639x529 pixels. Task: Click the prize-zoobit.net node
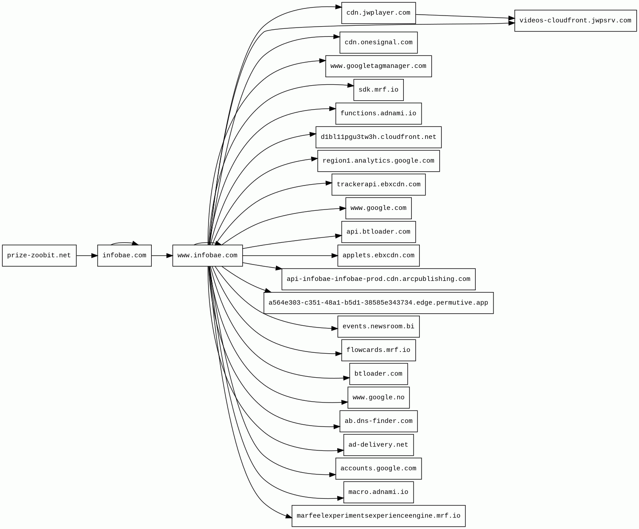[x=39, y=256]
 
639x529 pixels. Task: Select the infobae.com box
[x=124, y=256]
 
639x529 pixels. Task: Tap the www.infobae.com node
[x=207, y=256]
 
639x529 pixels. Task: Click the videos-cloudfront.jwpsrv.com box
[x=575, y=21]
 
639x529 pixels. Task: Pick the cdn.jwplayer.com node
[x=378, y=13]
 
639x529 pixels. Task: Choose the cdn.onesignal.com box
[x=378, y=43]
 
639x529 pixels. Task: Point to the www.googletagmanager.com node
[x=378, y=66]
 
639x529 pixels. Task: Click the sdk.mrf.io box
[x=378, y=90]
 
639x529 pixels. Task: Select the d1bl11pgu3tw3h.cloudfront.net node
[x=378, y=137]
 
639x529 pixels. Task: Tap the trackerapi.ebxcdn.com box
[x=378, y=185]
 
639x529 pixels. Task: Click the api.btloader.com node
[x=378, y=232]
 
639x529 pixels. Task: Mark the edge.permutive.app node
[x=378, y=303]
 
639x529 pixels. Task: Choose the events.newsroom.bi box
[x=378, y=327]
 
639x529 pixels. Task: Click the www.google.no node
[x=378, y=398]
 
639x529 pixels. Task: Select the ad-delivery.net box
[x=378, y=445]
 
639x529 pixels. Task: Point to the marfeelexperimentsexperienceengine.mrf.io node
[x=378, y=516]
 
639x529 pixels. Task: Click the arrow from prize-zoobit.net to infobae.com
[x=87, y=256]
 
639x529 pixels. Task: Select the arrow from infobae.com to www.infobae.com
[x=162, y=256]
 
